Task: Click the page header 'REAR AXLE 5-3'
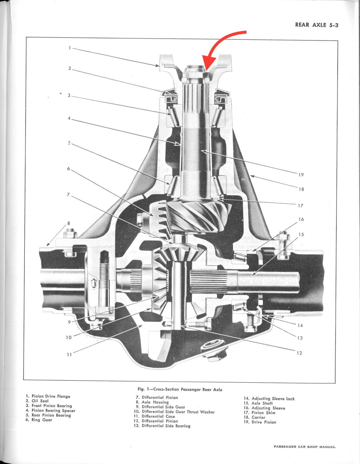[x=317, y=25]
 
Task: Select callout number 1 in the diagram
[x=69, y=48]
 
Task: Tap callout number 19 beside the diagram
[x=301, y=175]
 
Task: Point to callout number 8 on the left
[x=69, y=223]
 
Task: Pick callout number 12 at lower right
[x=299, y=353]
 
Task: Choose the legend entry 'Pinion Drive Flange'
[x=48, y=396]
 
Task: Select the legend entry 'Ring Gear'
[x=39, y=420]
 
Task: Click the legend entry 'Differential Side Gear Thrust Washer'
[x=174, y=412]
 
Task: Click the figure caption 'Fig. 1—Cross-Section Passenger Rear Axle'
[x=180, y=390]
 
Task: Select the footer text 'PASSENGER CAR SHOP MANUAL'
[x=304, y=447]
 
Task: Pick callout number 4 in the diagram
[x=69, y=118]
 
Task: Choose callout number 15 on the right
[x=301, y=234]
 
